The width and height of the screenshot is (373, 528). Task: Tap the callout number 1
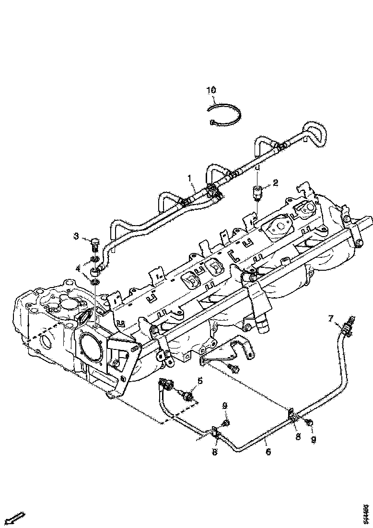coord(191,179)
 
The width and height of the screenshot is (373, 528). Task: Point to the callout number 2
coord(275,182)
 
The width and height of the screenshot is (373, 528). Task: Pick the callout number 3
coord(76,236)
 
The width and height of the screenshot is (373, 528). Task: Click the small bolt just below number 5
coord(188,396)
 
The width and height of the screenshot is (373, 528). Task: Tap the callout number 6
coord(268,452)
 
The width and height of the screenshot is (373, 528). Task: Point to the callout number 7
coord(330,318)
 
